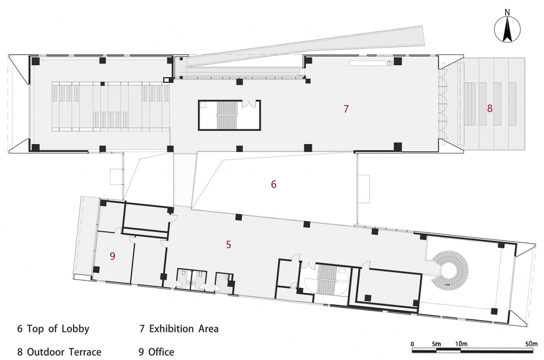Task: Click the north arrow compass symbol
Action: pyautogui.click(x=507, y=30)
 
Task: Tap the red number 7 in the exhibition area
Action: pyautogui.click(x=346, y=109)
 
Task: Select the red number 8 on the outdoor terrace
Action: pyautogui.click(x=490, y=108)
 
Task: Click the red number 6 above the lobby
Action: pyautogui.click(x=274, y=184)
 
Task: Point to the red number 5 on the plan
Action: pyautogui.click(x=228, y=244)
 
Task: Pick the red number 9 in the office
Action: pyautogui.click(x=112, y=256)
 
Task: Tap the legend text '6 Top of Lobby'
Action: pyautogui.click(x=53, y=328)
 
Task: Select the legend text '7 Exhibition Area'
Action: pyautogui.click(x=179, y=328)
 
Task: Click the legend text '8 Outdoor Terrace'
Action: pyautogui.click(x=59, y=351)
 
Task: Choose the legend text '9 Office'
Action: pyautogui.click(x=156, y=351)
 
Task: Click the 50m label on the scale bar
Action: pyautogui.click(x=531, y=344)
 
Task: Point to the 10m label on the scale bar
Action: pyautogui.click(x=461, y=344)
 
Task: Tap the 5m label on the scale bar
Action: pyautogui.click(x=436, y=344)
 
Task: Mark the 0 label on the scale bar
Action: pyautogui.click(x=412, y=344)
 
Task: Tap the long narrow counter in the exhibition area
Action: pyautogui.click(x=371, y=63)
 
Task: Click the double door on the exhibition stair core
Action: pyautogui.click(x=248, y=103)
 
